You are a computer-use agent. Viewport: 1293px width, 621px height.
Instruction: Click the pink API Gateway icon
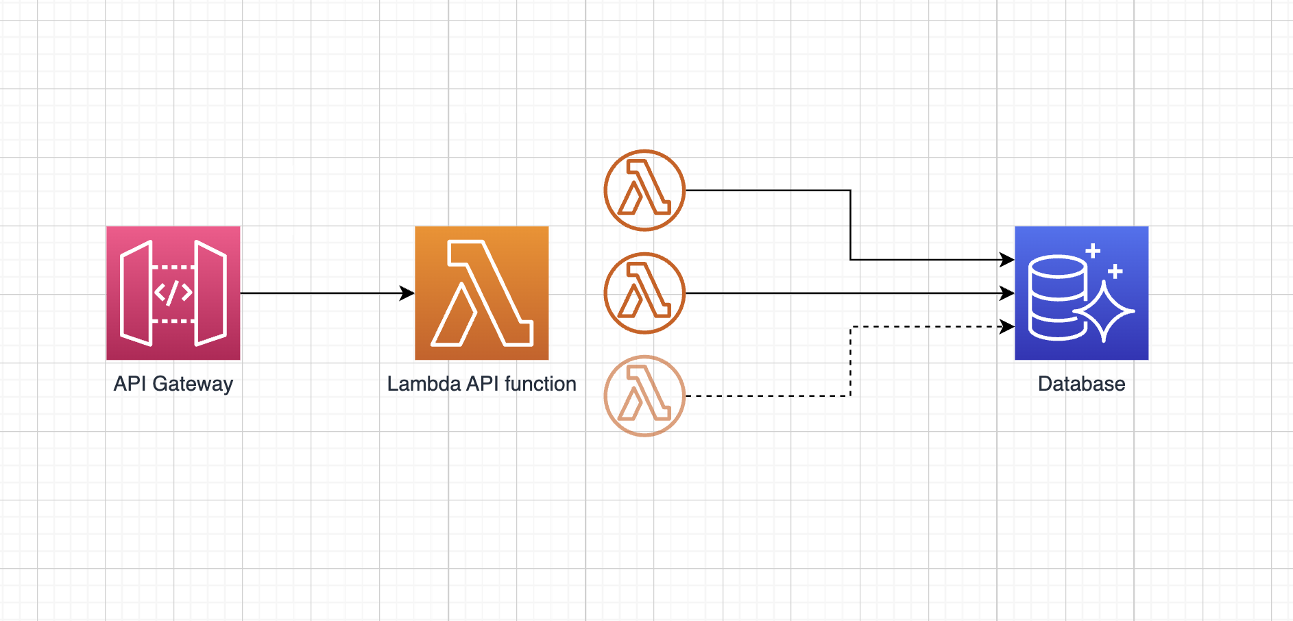(173, 293)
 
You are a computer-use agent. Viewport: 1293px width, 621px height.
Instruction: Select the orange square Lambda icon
(481, 293)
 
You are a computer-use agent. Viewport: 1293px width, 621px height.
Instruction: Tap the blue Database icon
(1081, 293)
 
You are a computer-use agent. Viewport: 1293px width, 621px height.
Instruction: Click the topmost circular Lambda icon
(644, 191)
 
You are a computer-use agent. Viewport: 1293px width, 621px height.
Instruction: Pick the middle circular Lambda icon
(644, 293)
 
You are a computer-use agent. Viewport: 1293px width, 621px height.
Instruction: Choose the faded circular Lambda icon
(644, 395)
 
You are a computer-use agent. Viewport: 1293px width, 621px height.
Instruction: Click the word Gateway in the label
(193, 384)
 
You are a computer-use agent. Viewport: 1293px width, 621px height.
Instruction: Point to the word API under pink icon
(130, 383)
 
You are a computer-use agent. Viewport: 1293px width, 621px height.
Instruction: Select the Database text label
(1081, 383)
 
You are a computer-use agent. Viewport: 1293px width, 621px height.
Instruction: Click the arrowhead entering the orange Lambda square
(407, 293)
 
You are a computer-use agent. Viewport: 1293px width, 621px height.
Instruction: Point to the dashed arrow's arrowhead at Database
(1007, 327)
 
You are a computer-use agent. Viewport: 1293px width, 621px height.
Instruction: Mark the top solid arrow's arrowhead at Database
(1007, 260)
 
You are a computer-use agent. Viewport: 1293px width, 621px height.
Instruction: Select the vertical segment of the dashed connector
(851, 361)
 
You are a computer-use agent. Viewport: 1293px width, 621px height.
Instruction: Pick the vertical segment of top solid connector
(851, 225)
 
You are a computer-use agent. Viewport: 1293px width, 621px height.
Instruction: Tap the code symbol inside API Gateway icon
(173, 293)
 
